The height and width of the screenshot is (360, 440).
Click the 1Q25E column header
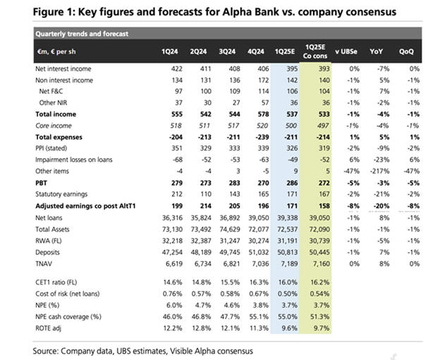tap(284, 52)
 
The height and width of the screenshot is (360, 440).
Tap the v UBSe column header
tap(346, 52)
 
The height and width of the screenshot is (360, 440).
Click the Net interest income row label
tap(65, 68)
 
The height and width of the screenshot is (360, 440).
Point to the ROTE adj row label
tap(50, 328)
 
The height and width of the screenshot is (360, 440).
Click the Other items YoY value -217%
tap(380, 170)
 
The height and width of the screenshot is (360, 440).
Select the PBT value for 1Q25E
tap(287, 181)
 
